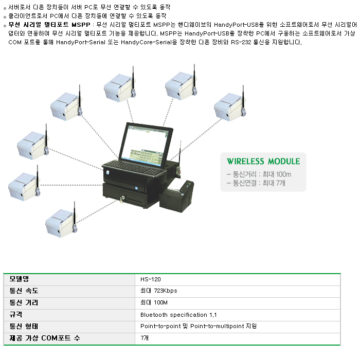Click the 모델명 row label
(19, 279)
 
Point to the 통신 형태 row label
(24, 326)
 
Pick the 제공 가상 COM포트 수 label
(45, 338)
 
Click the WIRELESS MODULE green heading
(263, 161)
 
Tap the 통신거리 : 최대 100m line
(259, 174)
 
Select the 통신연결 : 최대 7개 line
(256, 183)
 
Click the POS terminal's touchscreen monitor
(146, 145)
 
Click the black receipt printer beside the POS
(176, 195)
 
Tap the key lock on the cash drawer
(123, 199)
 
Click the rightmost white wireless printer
(230, 106)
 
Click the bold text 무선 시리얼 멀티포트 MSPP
(49, 25)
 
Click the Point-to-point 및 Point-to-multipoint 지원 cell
(199, 326)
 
